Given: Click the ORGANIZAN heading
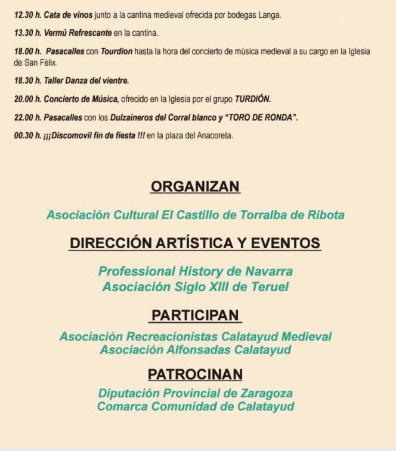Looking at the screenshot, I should [x=195, y=187].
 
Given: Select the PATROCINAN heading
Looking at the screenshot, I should [x=195, y=375].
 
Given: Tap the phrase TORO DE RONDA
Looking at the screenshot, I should [x=261, y=118].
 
